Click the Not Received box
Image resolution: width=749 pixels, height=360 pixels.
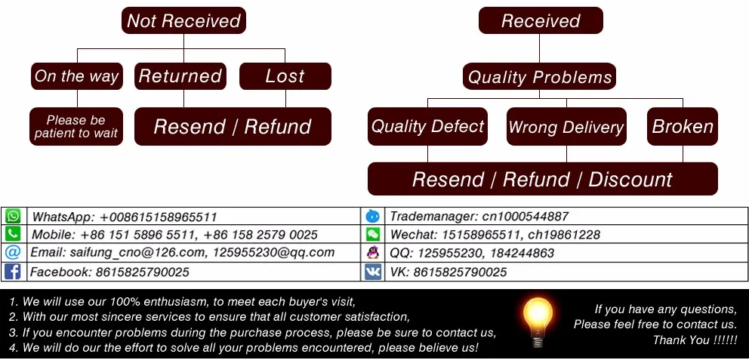[x=183, y=20]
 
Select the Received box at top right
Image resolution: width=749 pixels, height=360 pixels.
[x=541, y=20]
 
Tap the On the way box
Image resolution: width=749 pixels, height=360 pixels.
[x=77, y=76]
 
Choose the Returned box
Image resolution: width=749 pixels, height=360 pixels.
[x=180, y=76]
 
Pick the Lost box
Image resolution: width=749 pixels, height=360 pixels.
[x=285, y=76]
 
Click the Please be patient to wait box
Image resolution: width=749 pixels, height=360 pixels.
[x=76, y=127]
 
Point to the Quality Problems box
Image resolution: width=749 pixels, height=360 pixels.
[x=539, y=77]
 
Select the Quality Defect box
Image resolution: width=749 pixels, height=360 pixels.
[x=427, y=126]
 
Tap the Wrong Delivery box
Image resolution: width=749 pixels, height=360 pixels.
[x=566, y=127]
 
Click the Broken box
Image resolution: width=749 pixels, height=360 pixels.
[x=683, y=126]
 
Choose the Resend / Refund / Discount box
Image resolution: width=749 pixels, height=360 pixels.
[x=542, y=180]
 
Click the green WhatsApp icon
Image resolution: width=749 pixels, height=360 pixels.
[x=13, y=217]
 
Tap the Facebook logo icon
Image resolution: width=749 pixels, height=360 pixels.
[x=13, y=272]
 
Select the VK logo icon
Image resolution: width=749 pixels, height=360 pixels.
[x=373, y=272]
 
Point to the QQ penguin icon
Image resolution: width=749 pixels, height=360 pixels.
[x=373, y=253]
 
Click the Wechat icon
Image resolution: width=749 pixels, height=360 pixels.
[x=373, y=235]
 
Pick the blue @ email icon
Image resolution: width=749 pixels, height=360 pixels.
[x=13, y=253]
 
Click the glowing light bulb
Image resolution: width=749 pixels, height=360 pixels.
[x=537, y=319]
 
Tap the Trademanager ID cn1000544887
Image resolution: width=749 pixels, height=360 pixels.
[x=520, y=217]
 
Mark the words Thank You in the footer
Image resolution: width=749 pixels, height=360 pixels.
[x=681, y=340]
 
